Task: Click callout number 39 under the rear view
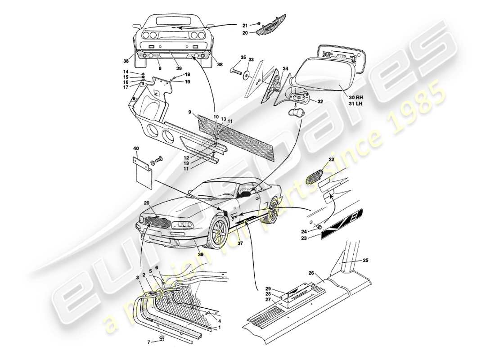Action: click(x=179, y=68)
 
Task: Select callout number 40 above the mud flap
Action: click(x=136, y=148)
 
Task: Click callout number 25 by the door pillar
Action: click(x=365, y=261)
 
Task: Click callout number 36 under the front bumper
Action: click(x=201, y=254)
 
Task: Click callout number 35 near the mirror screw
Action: click(x=243, y=58)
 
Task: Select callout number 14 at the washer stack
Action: click(x=126, y=72)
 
